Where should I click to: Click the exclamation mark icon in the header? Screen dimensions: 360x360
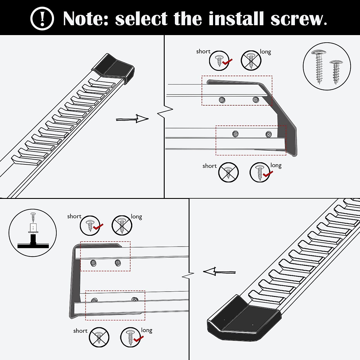click(x=42, y=18)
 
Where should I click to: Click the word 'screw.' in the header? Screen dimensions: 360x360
click(x=299, y=19)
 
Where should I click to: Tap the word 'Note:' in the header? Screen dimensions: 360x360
click(x=86, y=18)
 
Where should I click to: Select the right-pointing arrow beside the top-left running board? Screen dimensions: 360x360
click(x=132, y=119)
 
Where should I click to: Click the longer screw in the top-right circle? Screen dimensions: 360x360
click(x=319, y=67)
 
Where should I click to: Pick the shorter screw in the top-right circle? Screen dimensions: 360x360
click(x=336, y=72)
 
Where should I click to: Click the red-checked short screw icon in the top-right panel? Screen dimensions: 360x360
click(x=219, y=61)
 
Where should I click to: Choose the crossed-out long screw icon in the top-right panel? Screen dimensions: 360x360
click(x=251, y=60)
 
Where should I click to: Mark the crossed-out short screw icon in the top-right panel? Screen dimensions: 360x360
click(x=228, y=172)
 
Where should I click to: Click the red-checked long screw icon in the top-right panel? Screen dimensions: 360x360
click(x=260, y=172)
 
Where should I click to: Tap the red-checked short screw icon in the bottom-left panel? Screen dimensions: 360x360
click(x=90, y=226)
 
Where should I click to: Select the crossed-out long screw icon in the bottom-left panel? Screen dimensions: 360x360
click(x=122, y=225)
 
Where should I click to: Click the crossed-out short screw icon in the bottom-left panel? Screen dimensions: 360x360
click(x=99, y=337)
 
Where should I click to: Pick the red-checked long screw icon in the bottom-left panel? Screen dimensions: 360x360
click(x=130, y=337)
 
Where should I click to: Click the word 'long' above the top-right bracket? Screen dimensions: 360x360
click(x=265, y=52)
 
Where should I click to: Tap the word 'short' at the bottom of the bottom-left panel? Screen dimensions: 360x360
click(x=80, y=331)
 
